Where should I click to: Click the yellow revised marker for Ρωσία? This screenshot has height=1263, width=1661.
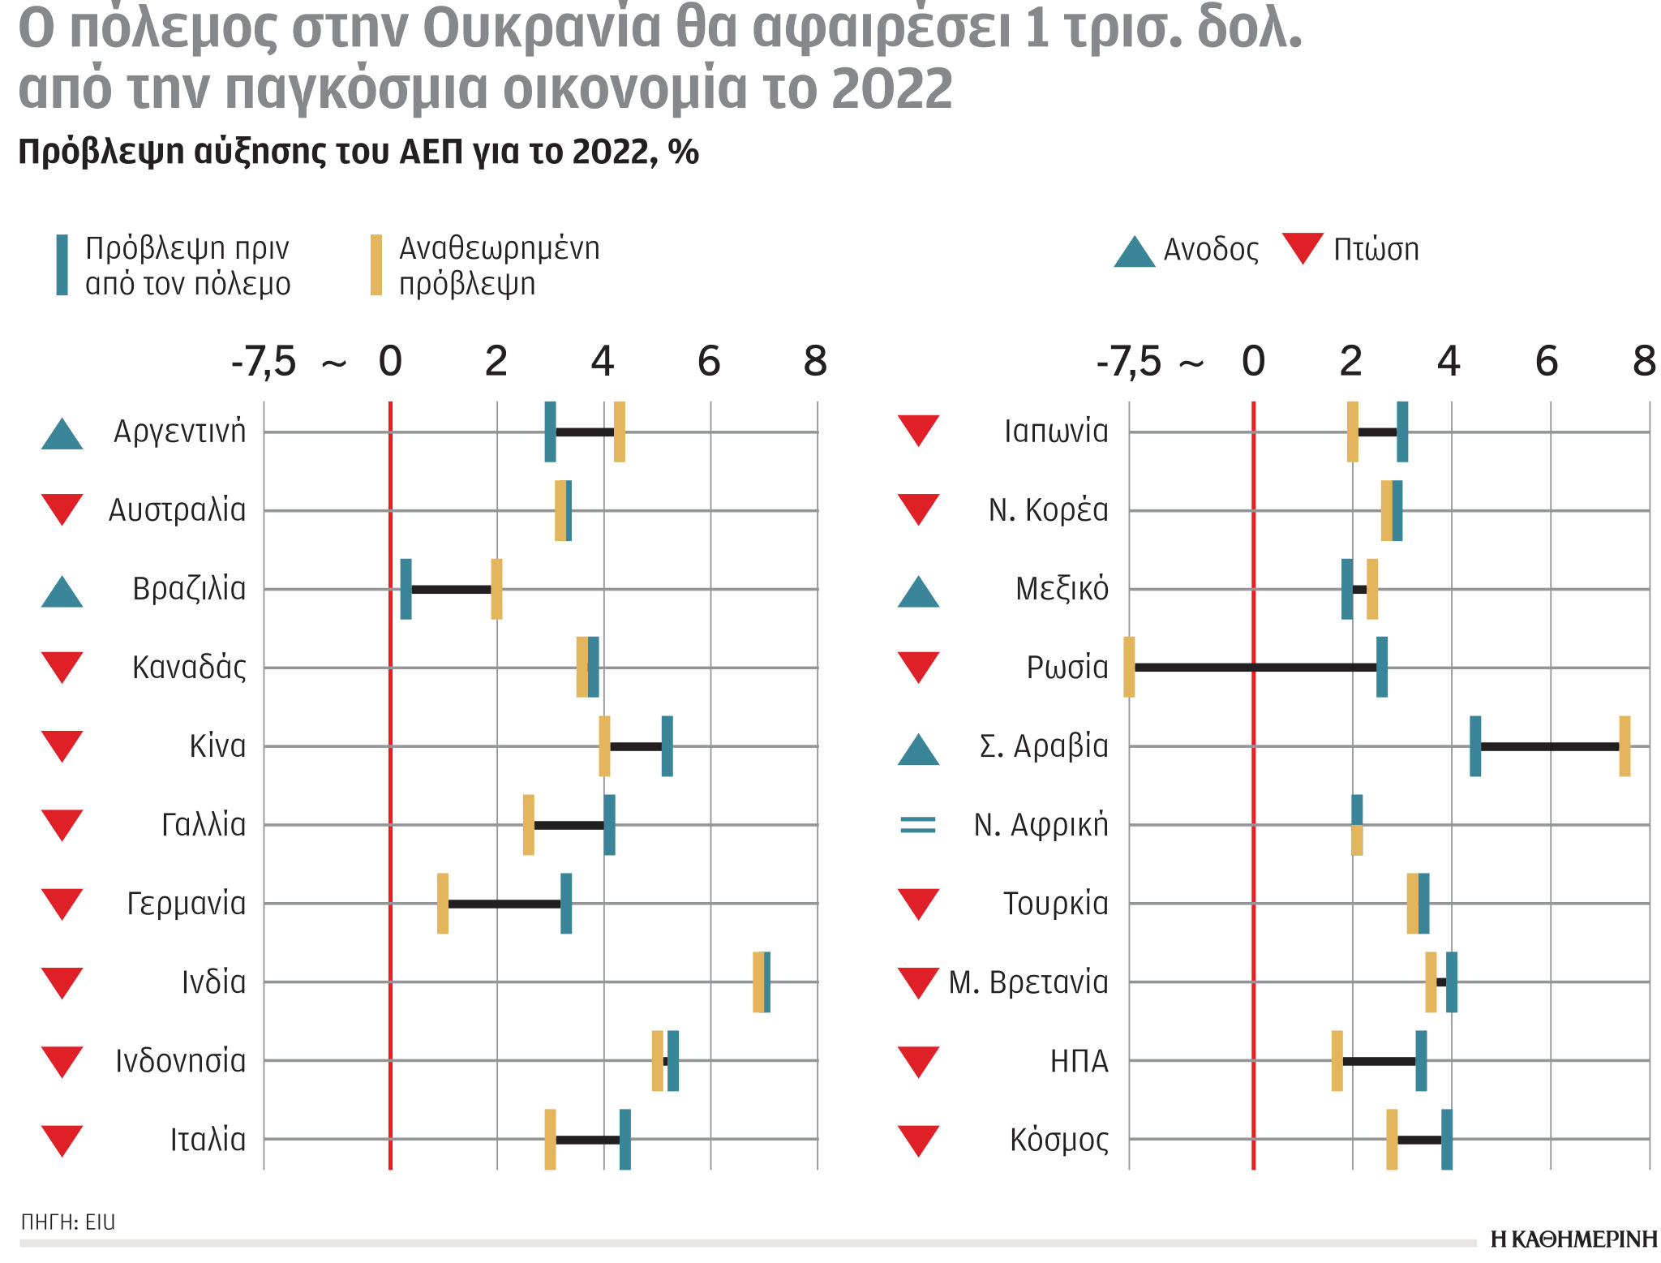[1129, 667]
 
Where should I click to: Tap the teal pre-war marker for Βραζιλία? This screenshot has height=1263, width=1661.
[406, 589]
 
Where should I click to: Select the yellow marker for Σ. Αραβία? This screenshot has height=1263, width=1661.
[1625, 746]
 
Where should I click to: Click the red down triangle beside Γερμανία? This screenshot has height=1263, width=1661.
[62, 903]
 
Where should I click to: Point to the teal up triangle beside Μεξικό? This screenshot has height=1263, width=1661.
[918, 592]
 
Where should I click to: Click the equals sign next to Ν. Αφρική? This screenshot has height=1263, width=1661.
[918, 825]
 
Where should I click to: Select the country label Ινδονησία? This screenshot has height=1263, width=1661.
[180, 1061]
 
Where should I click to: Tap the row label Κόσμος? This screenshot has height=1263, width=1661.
[1058, 1140]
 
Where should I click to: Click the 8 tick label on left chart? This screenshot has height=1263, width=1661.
[815, 361]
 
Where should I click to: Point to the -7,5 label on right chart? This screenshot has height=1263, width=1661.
[1128, 361]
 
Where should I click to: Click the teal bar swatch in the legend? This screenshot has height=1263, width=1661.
[62, 264]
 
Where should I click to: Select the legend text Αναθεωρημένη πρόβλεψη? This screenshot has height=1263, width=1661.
[499, 265]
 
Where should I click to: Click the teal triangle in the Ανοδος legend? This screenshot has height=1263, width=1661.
[1134, 252]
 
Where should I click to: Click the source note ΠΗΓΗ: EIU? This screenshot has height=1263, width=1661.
[68, 1222]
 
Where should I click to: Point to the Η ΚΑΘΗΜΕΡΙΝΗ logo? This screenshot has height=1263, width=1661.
[1573, 1239]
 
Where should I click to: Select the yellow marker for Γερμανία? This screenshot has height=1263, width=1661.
[443, 903]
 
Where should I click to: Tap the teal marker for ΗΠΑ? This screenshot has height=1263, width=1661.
[1421, 1061]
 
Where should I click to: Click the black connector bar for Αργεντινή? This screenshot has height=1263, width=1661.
[584, 432]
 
